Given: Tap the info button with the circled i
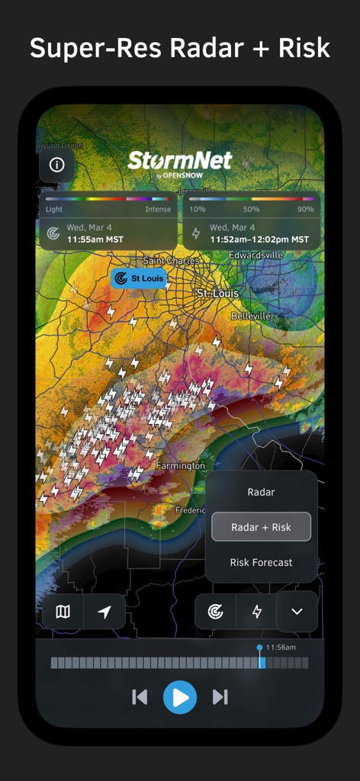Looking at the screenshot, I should coord(56,165).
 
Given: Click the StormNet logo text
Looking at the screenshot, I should coord(180,161).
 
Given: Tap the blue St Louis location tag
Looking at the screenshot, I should coord(139,278).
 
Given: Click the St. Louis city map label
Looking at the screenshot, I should coord(217,294).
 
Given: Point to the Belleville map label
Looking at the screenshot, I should coord(251,316).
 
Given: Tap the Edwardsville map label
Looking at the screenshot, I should coord(256,255).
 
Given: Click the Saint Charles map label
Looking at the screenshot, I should coord(171,261).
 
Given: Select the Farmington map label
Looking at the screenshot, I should coord(181,465).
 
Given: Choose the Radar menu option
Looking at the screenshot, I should coord(261,492).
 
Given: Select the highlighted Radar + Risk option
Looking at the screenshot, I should coord(261,527).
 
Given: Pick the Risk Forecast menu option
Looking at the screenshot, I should coord(261,562).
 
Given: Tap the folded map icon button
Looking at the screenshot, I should coord(63,612).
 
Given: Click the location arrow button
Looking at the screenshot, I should coord(104,612).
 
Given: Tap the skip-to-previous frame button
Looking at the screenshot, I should coord(140,696).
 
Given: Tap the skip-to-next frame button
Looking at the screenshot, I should coord(220,696).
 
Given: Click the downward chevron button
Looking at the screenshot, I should coord(297,612).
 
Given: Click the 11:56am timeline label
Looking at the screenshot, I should coord(280,648).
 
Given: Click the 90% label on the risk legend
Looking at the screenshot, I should coord(305,209).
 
